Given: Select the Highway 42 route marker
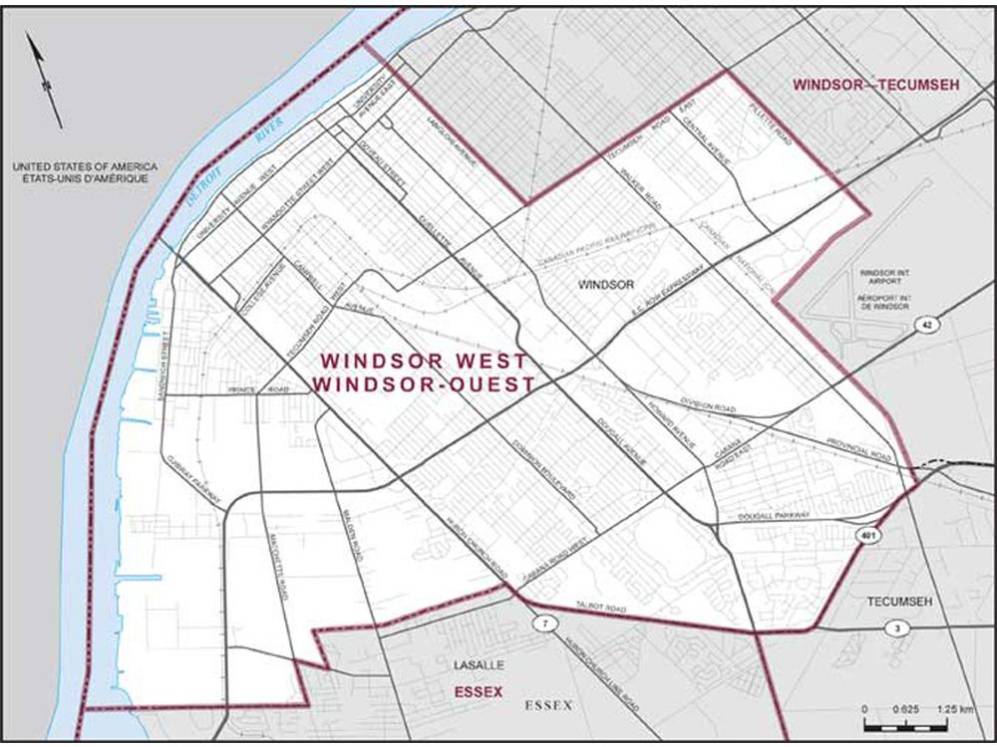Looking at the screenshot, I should (926, 326).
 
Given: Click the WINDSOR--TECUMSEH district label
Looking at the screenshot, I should (875, 86).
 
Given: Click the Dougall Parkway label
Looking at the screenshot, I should (771, 516).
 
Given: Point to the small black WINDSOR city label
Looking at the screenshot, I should (605, 285).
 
